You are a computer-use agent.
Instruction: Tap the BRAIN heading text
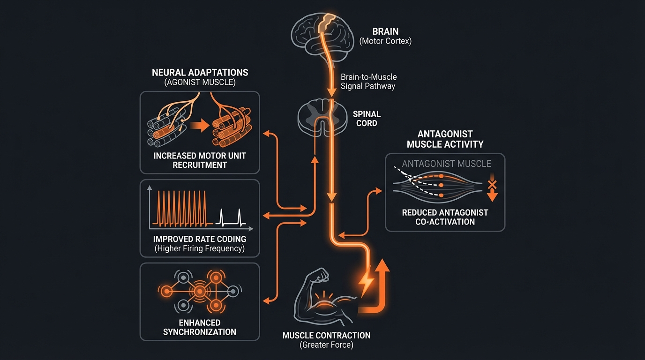coord(385,32)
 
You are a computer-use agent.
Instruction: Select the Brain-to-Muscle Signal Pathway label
coord(368,82)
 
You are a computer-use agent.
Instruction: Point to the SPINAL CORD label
coord(367,119)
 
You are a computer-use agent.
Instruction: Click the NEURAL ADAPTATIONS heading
coord(200,73)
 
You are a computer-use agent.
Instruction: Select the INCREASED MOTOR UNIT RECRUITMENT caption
coord(200,160)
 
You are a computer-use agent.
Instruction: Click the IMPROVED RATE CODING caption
coord(200,239)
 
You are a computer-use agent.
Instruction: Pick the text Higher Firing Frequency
coord(200,248)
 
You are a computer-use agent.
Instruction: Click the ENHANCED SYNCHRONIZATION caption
coord(200,327)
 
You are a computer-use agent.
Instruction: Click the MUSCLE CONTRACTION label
coord(326,336)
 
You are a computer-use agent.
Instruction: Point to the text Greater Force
coord(326,345)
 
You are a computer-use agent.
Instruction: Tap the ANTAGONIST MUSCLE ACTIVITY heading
coord(445,139)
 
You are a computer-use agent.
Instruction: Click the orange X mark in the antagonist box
coord(492,184)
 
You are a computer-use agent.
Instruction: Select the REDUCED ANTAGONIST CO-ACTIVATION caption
coord(445,217)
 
